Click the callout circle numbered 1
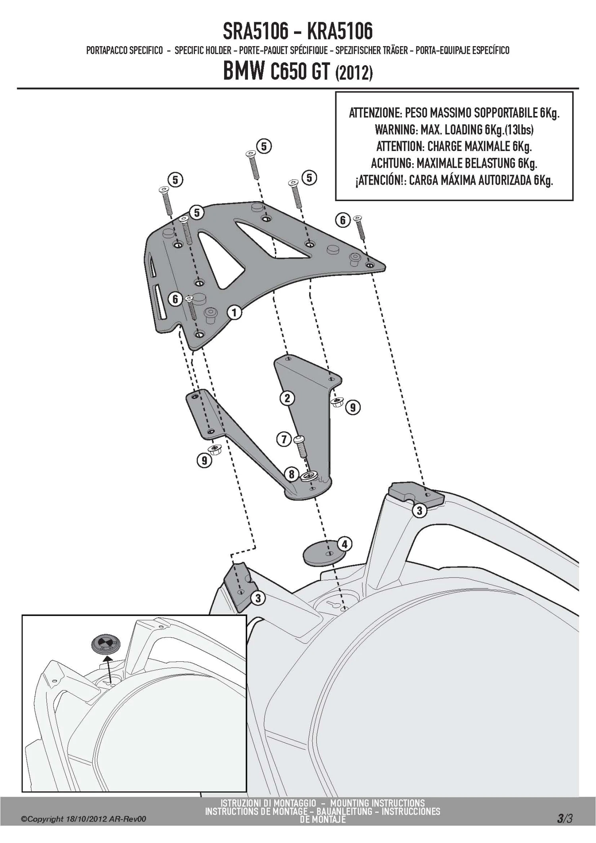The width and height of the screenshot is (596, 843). pyautogui.click(x=234, y=312)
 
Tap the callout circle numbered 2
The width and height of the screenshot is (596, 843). pyautogui.click(x=287, y=398)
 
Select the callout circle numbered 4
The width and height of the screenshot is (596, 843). pyautogui.click(x=344, y=544)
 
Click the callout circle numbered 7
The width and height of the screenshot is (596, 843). pyautogui.click(x=284, y=440)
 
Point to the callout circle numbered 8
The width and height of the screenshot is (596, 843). pyautogui.click(x=292, y=474)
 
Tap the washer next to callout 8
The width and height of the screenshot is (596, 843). pyautogui.click(x=309, y=476)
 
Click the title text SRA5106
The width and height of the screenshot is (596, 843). pyautogui.click(x=255, y=31)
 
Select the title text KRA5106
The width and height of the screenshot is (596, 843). pyautogui.click(x=340, y=31)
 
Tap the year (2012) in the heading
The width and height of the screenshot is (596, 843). pyautogui.click(x=354, y=74)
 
